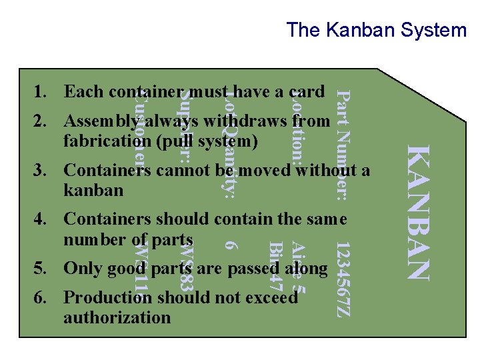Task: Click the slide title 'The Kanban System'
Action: click(376, 30)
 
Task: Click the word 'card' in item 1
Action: click(308, 91)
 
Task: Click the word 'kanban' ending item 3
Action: click(93, 191)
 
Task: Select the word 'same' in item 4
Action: click(327, 219)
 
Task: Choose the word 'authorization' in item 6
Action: click(117, 317)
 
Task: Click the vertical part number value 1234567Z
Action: click(341, 273)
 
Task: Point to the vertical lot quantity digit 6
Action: click(230, 245)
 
